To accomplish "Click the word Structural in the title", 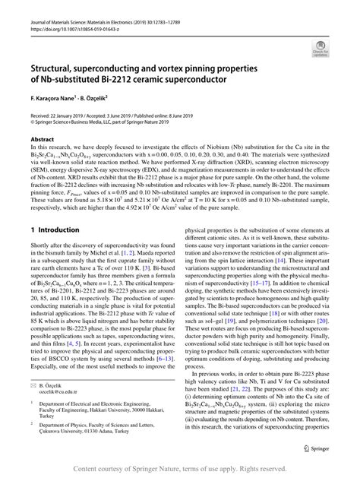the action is click(55, 66).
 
